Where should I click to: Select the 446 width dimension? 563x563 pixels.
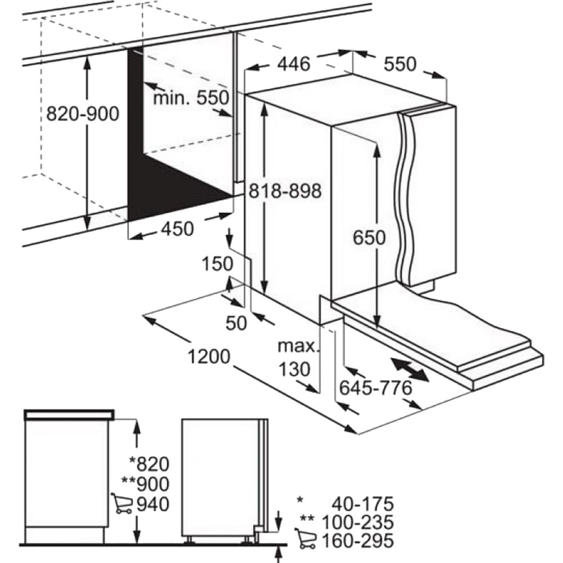[294, 64]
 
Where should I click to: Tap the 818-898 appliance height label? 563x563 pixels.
[286, 191]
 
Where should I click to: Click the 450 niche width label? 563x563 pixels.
[177, 229]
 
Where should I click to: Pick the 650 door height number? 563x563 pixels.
[369, 238]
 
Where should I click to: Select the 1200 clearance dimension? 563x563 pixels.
[209, 356]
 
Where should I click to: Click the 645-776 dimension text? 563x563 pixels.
[376, 387]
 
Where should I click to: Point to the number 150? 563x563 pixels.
[217, 263]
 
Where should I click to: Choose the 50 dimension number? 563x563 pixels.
[236, 323]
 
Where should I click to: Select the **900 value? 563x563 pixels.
[145, 484]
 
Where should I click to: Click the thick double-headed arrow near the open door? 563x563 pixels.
[409, 369]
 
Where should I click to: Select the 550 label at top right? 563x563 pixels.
[400, 64]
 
